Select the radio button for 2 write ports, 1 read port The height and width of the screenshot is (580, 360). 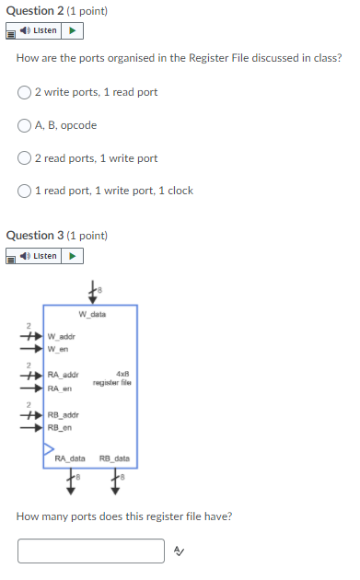click(x=25, y=92)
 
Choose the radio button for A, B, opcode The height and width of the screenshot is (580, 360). click(x=25, y=125)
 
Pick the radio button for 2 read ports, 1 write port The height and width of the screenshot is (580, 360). click(x=25, y=158)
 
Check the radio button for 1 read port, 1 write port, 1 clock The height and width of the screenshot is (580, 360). click(x=25, y=191)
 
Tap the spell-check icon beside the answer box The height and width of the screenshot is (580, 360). click(x=180, y=551)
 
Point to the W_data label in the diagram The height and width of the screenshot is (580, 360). click(x=92, y=314)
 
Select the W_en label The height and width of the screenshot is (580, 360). click(x=58, y=349)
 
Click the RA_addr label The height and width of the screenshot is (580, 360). click(x=63, y=375)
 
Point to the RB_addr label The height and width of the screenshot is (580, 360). click(x=63, y=414)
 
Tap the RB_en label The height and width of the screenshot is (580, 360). click(x=60, y=427)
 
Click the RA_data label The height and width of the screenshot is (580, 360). click(x=70, y=458)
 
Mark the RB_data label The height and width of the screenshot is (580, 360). click(x=114, y=458)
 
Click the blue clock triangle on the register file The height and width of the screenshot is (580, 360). click(x=47, y=451)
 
